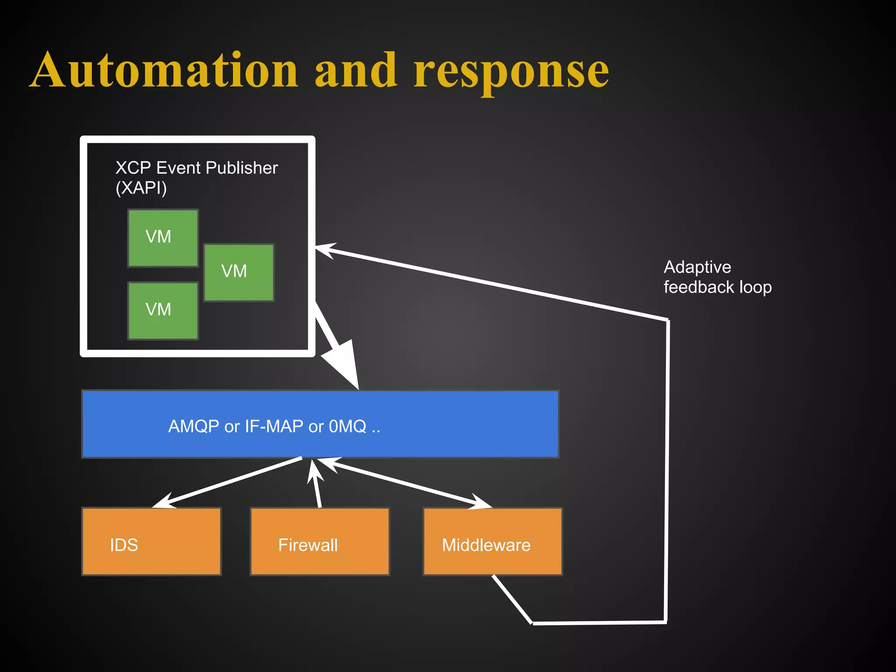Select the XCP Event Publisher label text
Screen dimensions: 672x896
(x=196, y=168)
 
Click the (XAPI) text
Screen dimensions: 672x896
(x=141, y=188)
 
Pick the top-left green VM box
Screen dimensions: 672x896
(x=163, y=238)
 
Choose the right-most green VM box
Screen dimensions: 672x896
(x=239, y=272)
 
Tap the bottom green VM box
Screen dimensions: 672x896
(x=163, y=310)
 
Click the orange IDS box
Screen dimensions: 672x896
(x=151, y=541)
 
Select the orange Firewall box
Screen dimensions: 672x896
(x=320, y=541)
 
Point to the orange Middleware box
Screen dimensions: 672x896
(x=493, y=541)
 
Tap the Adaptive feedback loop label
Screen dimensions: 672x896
(x=717, y=277)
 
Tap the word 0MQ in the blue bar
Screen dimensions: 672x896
(x=347, y=426)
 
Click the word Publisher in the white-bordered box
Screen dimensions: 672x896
(x=241, y=168)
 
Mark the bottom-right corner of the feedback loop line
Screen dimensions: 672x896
(x=665, y=622)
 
